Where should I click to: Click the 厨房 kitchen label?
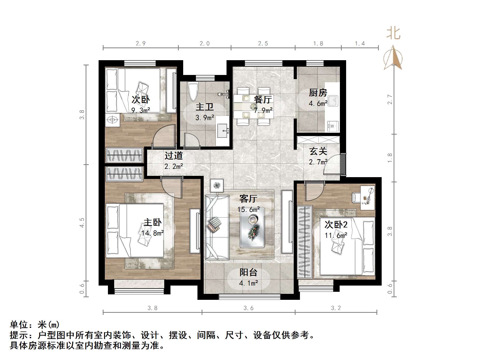318,93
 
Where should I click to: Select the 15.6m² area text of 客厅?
249,209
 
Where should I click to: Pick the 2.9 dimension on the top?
140,43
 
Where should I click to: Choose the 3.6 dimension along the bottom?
248,308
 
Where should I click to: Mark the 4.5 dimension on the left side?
82,223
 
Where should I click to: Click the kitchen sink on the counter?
333,101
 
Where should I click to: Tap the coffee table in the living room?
252,227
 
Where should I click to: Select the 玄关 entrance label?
318,151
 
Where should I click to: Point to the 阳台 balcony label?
248,272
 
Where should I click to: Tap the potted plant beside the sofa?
217,185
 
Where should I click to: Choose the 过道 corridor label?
174,155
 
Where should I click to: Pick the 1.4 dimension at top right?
360,43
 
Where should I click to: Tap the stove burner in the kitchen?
332,126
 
